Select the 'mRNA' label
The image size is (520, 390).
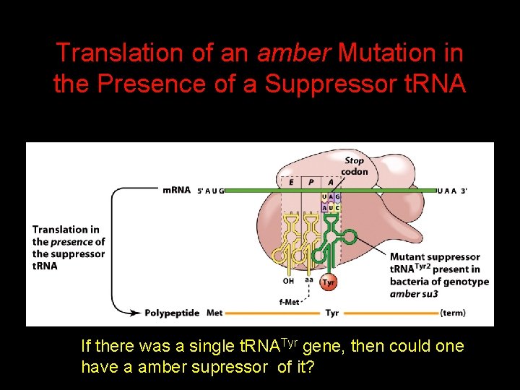coord(177,190)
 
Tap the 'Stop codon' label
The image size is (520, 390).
coord(355,166)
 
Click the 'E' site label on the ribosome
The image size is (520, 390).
coord(290,183)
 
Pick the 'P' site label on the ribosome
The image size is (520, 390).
coord(311,183)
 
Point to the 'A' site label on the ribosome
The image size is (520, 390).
coord(331,183)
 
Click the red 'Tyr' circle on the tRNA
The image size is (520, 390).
coord(329,282)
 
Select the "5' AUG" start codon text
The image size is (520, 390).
coord(211,191)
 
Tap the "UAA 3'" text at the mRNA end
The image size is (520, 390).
coord(453,191)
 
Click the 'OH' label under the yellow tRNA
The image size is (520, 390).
coord(289,281)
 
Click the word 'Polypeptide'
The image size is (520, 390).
coord(172,313)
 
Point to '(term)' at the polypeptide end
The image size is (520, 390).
coord(453,313)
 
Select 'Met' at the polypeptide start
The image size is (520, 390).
coord(214,313)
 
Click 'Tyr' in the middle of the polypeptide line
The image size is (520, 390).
coord(332,313)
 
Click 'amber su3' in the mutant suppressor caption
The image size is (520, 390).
coord(415,294)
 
